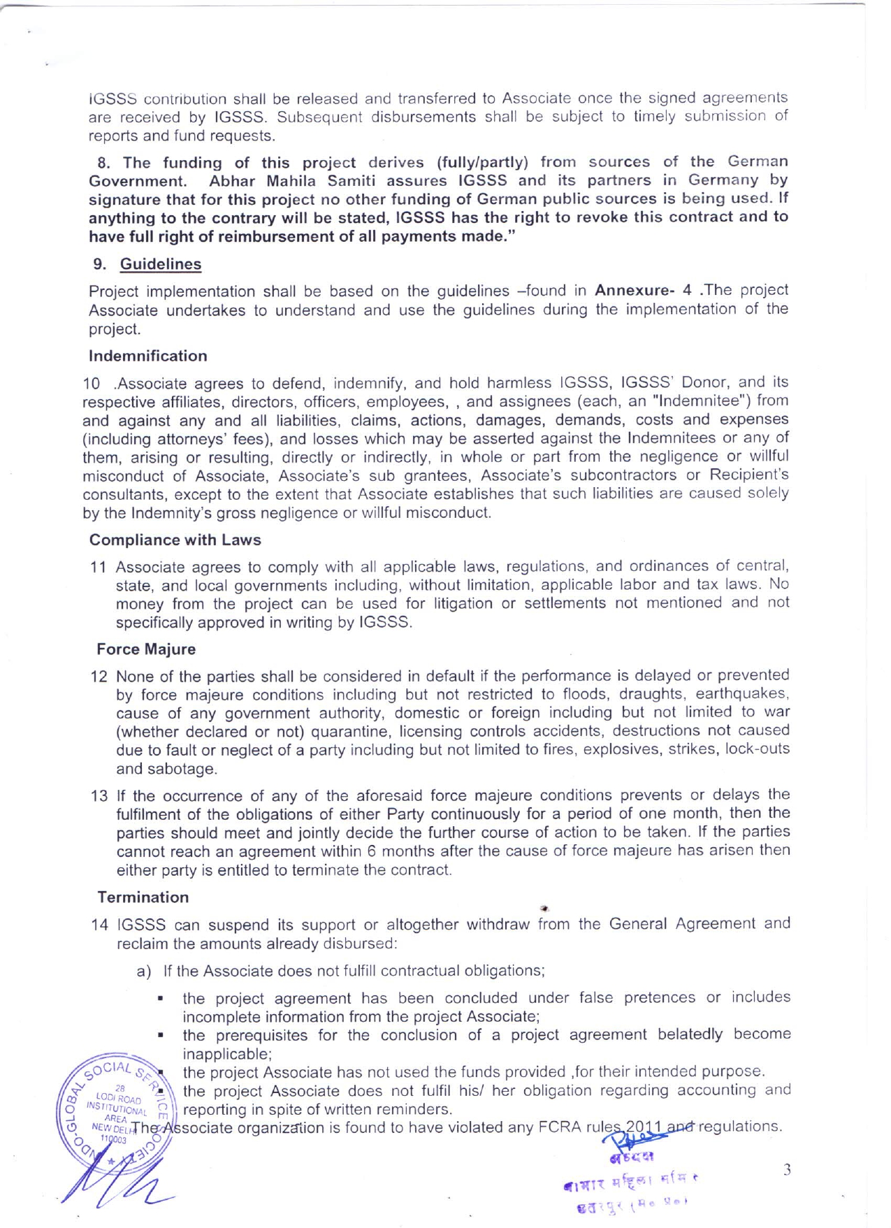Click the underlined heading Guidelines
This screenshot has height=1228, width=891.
coord(161,264)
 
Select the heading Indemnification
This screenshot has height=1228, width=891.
coord(148,356)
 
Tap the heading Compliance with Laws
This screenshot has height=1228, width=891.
coord(175,540)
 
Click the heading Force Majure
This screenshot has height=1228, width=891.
coord(146,649)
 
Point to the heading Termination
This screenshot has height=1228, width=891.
coord(143,897)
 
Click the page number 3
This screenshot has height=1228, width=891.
coord(787,1170)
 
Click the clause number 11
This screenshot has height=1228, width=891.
coord(98,567)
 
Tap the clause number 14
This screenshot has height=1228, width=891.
coord(99,925)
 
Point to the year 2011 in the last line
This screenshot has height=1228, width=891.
coord(643,1127)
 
